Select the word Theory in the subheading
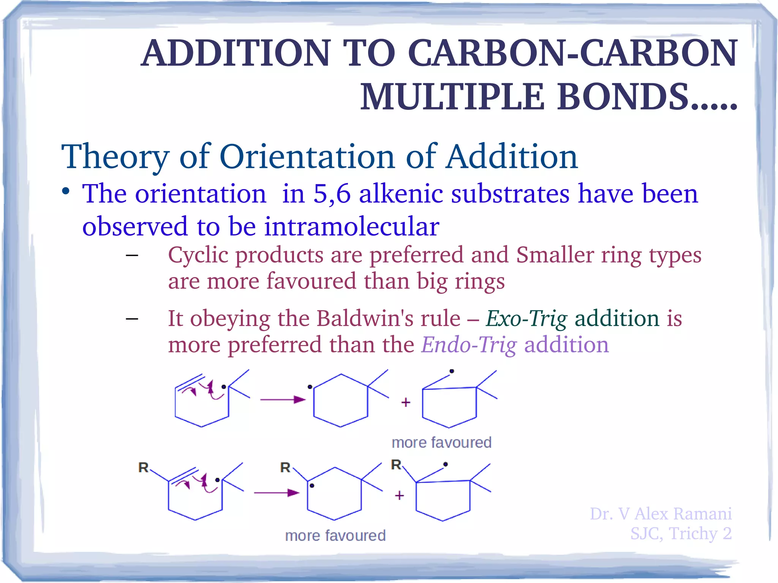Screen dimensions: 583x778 115,156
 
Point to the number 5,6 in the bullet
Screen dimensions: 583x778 332,194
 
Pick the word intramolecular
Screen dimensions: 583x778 352,226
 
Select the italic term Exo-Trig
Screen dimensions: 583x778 527,318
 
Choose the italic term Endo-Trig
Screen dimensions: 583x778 469,345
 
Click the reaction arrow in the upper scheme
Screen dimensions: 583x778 283,400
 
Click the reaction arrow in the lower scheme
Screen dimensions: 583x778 277,493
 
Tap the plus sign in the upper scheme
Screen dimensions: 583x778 406,402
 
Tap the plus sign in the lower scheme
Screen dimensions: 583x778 399,495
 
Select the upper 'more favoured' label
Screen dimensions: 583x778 441,442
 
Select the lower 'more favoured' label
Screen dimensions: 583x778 335,536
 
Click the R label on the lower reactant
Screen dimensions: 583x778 143,467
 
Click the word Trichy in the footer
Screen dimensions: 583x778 693,534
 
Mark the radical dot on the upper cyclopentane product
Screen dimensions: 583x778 452,371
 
